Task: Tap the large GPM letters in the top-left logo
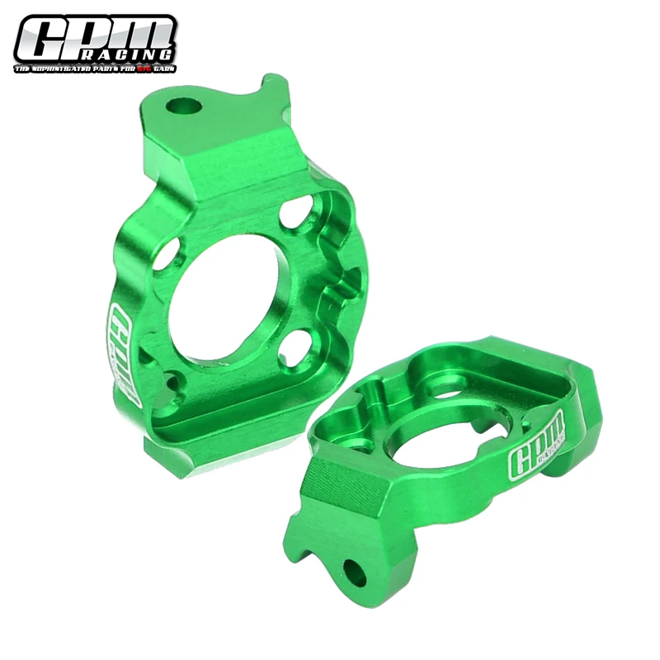(94, 35)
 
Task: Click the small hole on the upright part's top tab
(184, 106)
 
